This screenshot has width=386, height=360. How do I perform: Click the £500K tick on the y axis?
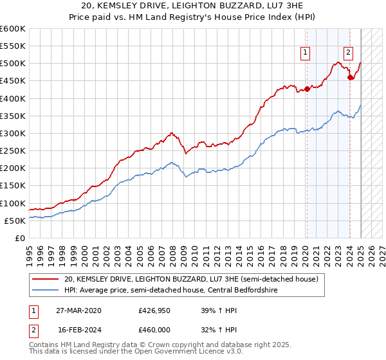click(12, 64)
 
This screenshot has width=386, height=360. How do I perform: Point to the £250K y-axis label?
click(12, 151)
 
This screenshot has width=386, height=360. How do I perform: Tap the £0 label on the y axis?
click(19, 239)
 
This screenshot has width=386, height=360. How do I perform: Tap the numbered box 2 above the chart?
click(348, 53)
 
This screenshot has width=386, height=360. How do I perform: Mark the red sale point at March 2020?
click(307, 89)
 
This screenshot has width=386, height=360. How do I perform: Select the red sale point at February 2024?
click(350, 78)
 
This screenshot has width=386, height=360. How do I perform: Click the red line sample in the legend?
click(46, 279)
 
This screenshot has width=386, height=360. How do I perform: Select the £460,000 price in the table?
click(154, 329)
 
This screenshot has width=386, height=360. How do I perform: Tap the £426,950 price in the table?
click(154, 310)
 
